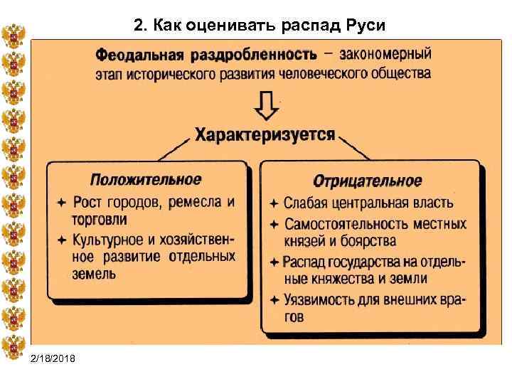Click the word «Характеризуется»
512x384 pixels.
coord(265,135)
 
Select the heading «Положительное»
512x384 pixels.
coord(145,179)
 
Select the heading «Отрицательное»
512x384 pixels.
coord(368,181)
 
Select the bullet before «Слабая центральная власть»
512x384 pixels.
coord(273,203)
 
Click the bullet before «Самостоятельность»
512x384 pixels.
coord(273,224)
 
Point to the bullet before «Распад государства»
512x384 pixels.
coord(273,262)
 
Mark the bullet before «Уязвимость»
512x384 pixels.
coord(273,299)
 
